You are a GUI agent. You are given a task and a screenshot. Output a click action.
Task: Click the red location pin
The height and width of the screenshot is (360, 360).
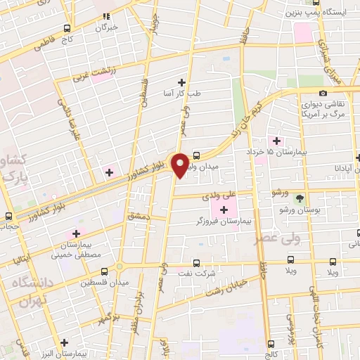[181, 165]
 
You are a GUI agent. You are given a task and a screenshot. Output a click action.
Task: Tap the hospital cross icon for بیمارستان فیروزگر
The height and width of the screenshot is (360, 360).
[224, 210]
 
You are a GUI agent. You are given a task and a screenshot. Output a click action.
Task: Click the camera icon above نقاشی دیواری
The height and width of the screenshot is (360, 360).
[323, 94]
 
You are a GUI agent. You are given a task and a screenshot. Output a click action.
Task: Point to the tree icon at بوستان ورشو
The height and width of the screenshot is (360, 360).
[301, 199]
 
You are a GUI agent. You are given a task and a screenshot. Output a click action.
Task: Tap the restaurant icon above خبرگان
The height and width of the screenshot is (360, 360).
[106, 16]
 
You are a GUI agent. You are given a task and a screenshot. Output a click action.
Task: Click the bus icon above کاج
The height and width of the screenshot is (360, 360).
[67, 29]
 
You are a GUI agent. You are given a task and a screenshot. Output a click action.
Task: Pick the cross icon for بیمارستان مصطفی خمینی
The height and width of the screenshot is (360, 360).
[77, 233]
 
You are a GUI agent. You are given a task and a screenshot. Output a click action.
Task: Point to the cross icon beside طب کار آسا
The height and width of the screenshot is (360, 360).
[182, 82]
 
